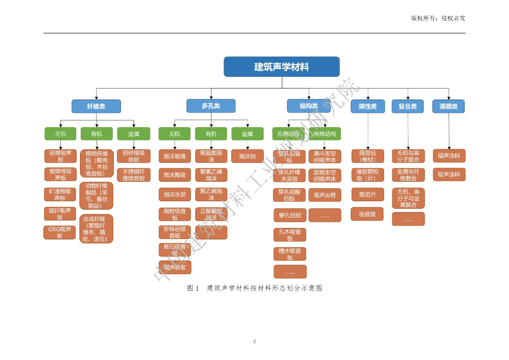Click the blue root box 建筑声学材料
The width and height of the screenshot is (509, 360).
[282, 66]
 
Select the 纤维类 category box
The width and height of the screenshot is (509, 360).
[96, 106]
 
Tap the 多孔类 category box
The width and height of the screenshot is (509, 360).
[211, 106]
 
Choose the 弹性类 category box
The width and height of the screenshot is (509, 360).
[367, 106]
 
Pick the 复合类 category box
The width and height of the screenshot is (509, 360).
[408, 106]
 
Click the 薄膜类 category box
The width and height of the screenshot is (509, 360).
[449, 106]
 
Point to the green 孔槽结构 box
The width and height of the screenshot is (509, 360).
[288, 134]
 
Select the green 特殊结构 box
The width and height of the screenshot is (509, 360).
[325, 134]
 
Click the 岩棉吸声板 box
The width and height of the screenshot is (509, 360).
[60, 156]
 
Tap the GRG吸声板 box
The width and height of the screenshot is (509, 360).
[60, 232]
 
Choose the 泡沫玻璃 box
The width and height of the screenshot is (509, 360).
[175, 156]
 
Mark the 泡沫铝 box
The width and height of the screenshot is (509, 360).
[247, 156]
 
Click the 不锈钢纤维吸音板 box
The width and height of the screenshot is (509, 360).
[134, 175]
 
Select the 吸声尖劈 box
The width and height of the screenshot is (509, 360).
[325, 195]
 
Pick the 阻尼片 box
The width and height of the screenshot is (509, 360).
[367, 195]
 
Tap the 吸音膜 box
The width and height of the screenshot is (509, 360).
[367, 214]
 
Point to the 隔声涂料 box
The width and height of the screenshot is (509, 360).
[449, 156]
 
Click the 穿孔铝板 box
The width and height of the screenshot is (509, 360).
[290, 215]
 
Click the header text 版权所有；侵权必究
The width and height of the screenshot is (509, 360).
[438, 18]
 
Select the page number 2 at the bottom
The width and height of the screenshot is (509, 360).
[254, 341]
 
